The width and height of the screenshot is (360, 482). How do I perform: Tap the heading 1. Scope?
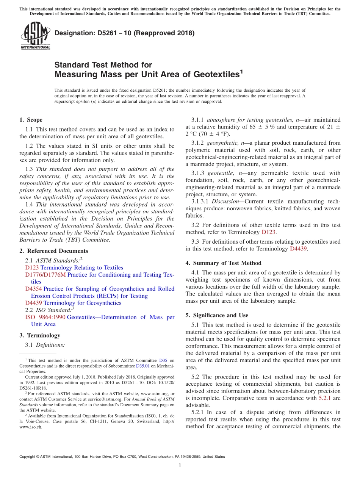click(31, 120)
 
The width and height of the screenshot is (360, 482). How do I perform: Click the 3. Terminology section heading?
click(40, 335)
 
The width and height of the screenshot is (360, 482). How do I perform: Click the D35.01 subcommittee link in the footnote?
click(143, 366)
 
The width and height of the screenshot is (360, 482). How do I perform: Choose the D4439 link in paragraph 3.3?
click(298, 249)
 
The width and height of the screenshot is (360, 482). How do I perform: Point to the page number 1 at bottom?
click(180, 466)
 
